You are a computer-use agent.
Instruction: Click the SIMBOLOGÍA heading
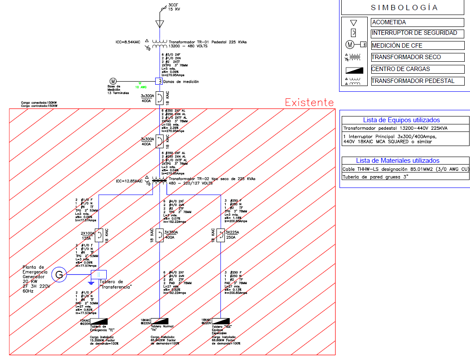(404, 7)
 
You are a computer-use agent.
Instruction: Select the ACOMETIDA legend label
(389, 22)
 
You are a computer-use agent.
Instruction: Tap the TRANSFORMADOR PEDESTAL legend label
(412, 81)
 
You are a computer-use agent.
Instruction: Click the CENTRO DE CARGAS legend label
(400, 69)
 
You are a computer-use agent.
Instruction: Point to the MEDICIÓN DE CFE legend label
(397, 45)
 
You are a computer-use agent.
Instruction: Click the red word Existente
(309, 102)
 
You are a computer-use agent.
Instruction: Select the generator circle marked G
(59, 275)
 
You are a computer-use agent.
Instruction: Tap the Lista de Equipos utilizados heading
(401, 120)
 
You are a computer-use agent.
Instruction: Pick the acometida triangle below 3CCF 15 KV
(159, 23)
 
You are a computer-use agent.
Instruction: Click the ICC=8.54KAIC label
(128, 42)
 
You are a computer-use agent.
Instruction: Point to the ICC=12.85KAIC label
(129, 181)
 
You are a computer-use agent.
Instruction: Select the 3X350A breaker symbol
(159, 234)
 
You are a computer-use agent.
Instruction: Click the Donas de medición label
(181, 82)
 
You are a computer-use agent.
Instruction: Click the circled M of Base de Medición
(113, 81)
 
